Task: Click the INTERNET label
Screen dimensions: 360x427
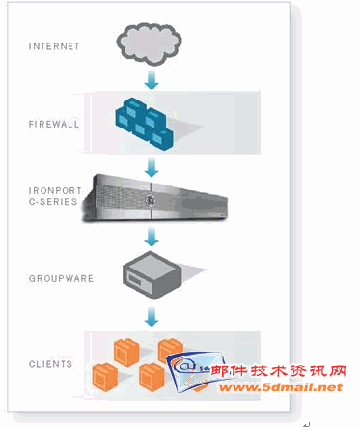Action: pyautogui.click(x=54, y=46)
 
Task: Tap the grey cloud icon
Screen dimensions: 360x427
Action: pyautogui.click(x=149, y=43)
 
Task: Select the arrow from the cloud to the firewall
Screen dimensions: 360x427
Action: pyautogui.click(x=152, y=79)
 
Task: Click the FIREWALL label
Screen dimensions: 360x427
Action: pyautogui.click(x=54, y=124)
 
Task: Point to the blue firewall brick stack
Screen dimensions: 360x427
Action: pyautogui.click(x=144, y=124)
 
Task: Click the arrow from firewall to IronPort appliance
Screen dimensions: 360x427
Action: pyautogui.click(x=152, y=167)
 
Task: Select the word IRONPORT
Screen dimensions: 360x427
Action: pyautogui.click(x=55, y=190)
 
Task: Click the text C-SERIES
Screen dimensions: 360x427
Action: pyautogui.click(x=53, y=202)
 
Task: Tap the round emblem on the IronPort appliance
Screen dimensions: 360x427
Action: pyautogui.click(x=151, y=201)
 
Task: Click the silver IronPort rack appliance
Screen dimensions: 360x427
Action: pyautogui.click(x=155, y=198)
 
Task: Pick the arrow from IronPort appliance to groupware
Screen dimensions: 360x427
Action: pyautogui.click(x=152, y=236)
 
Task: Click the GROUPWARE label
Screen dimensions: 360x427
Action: pyautogui.click(x=61, y=278)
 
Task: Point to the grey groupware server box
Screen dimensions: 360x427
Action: pyautogui.click(x=152, y=275)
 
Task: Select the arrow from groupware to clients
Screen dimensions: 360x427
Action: pyautogui.click(x=152, y=316)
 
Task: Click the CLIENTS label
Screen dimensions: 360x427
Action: pyautogui.click(x=50, y=364)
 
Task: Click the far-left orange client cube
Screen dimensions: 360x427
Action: pyautogui.click(x=105, y=378)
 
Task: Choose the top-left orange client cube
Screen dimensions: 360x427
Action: pyautogui.click(x=126, y=353)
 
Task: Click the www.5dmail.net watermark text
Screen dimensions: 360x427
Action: pyautogui.click(x=280, y=387)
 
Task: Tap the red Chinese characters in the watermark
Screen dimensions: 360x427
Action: pyautogui.click(x=279, y=371)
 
